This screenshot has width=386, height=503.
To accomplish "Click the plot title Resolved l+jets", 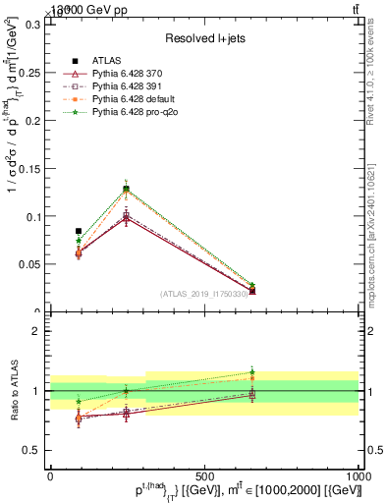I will pyautogui.click(x=204, y=37).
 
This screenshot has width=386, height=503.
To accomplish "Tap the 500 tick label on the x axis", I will pyautogui.click(x=204, y=475).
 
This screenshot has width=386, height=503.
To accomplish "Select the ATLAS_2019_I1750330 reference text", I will pyautogui.click(x=205, y=294).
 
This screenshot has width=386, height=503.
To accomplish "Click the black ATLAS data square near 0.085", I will pyautogui.click(x=79, y=231).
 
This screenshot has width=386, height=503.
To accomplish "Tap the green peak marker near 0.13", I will pyautogui.click(x=126, y=188).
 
